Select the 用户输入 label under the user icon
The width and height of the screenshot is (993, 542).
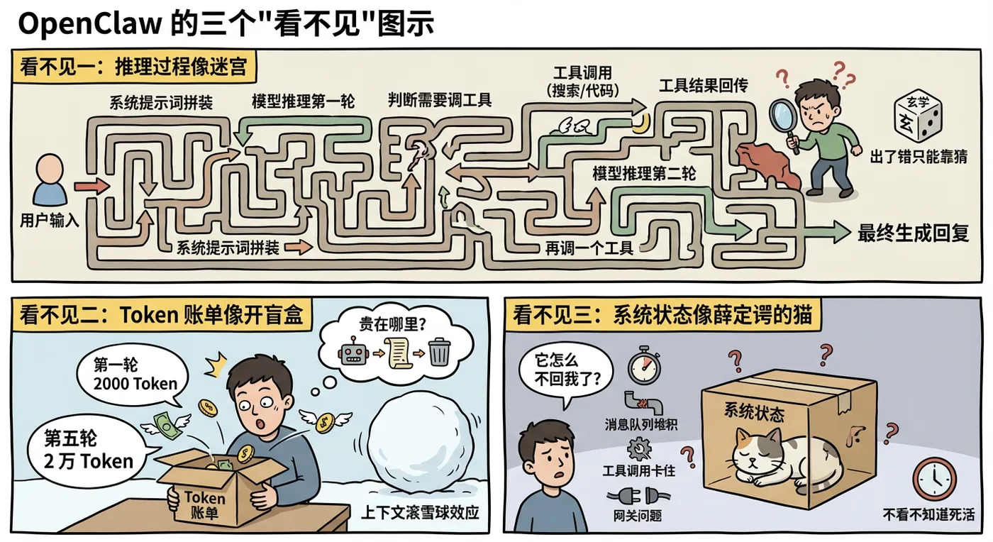point(49,221)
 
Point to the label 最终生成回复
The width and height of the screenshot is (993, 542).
point(914,233)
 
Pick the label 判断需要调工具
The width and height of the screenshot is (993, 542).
point(440,99)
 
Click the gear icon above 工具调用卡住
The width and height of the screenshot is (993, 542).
point(640,448)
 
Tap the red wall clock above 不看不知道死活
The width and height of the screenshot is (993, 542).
point(934,479)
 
